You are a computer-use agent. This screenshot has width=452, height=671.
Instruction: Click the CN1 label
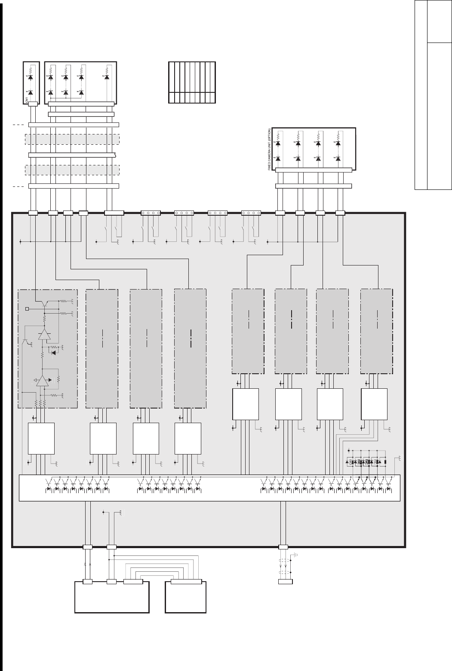pos(27,100)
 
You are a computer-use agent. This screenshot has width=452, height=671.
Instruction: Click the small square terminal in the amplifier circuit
pos(28,308)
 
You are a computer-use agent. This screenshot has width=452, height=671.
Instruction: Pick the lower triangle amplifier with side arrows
pos(42,380)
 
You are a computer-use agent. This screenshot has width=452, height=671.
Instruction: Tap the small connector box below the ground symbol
pos(286,582)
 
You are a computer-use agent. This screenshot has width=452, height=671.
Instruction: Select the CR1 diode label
pos(351,462)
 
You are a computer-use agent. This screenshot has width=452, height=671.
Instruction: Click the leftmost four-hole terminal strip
pos(151,213)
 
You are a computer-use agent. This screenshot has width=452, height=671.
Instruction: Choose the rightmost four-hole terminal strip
pos(251,213)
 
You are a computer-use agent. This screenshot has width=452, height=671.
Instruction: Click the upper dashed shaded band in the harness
pos(72,139)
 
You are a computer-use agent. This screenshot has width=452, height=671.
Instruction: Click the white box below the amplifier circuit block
pos(41,438)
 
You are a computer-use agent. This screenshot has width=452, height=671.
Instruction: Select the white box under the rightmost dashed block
pos(374,404)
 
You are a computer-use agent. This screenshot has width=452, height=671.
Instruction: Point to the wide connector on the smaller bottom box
pos(186,582)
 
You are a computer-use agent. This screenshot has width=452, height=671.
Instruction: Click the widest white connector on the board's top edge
pos(114,213)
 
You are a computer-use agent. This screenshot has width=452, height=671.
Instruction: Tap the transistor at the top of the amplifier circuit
pos(45,304)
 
